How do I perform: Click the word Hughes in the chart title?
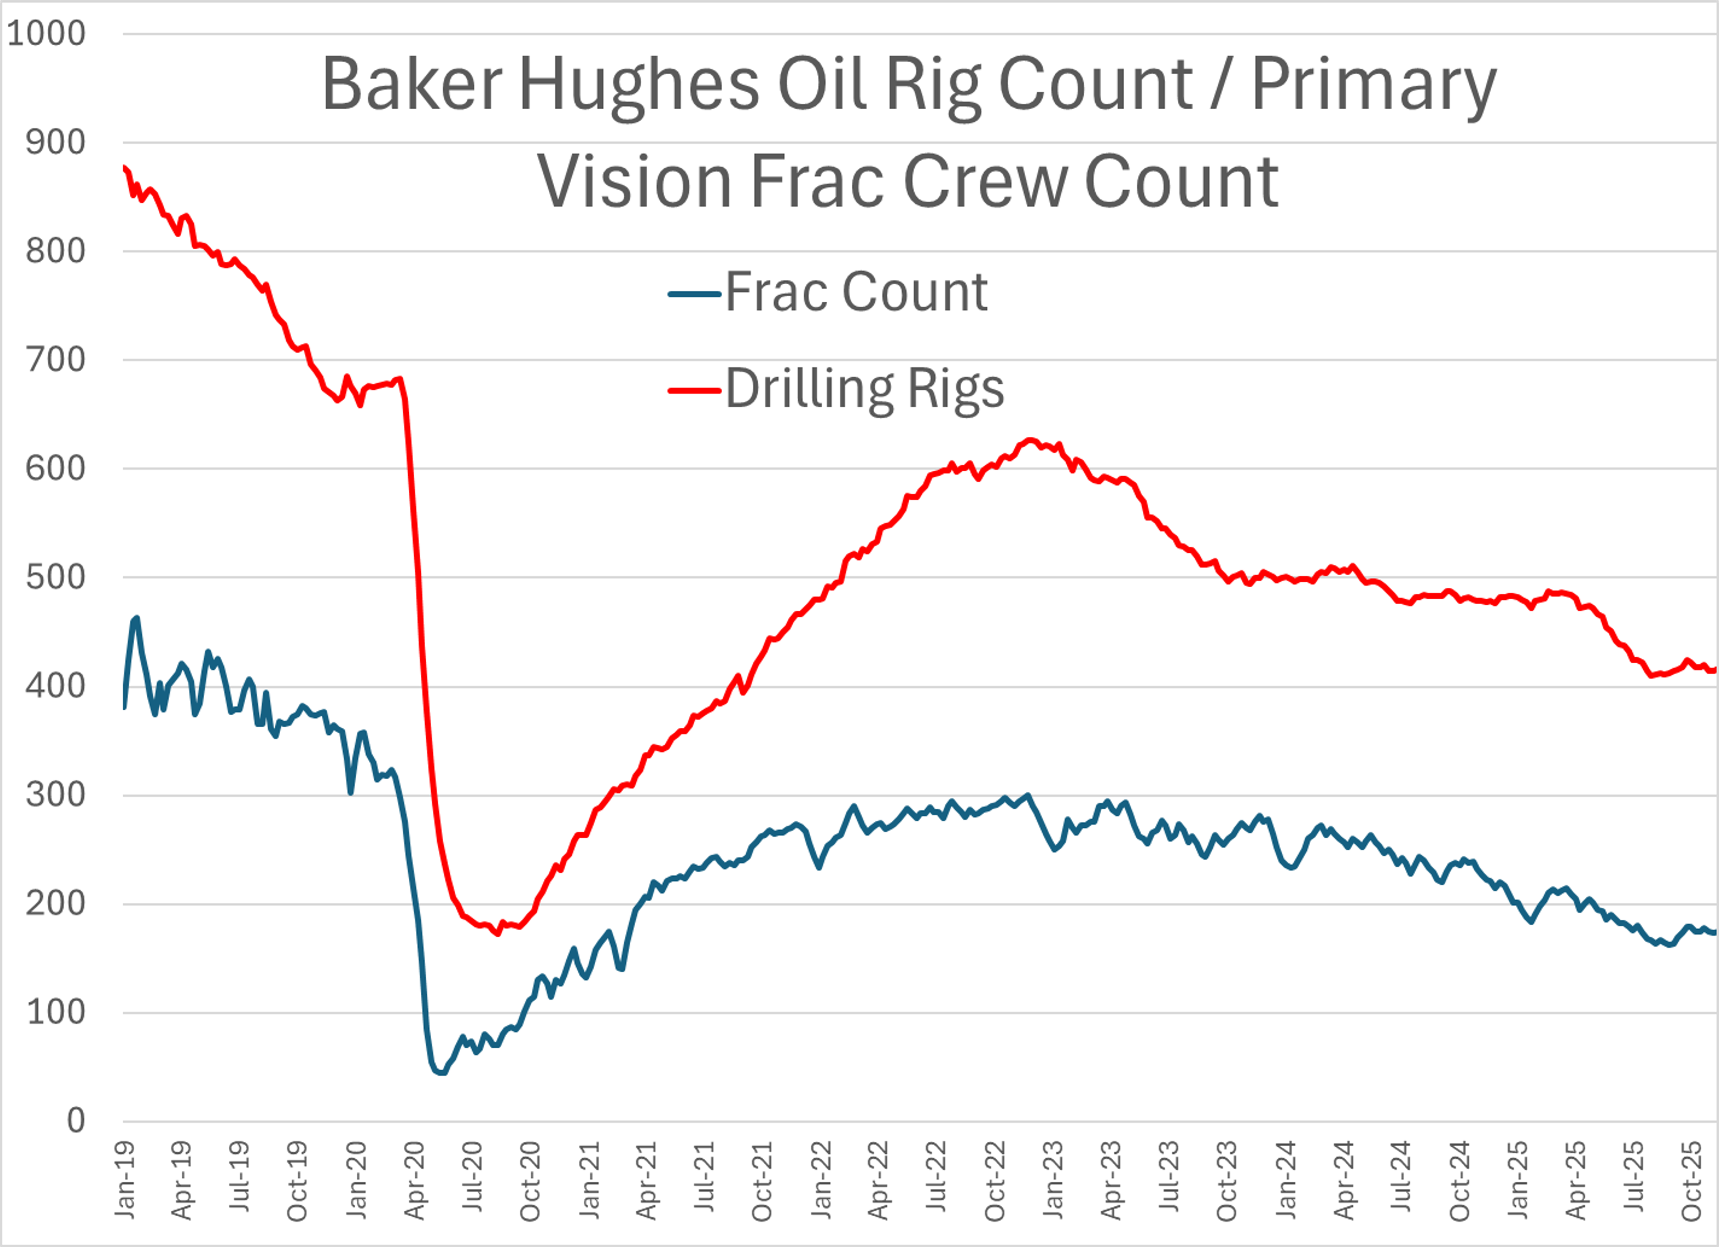(x=638, y=85)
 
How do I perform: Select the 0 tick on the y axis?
(x=76, y=1120)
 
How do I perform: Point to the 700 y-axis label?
(x=56, y=360)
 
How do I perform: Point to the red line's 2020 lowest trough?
(x=498, y=933)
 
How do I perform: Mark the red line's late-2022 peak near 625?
(x=1029, y=440)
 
